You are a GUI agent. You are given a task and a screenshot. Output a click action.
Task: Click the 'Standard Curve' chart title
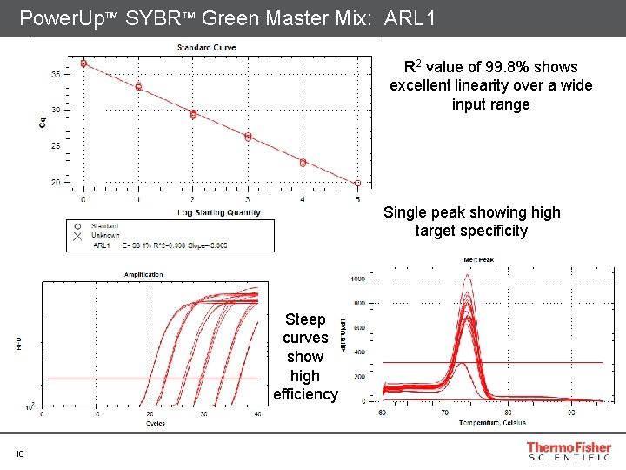(206, 47)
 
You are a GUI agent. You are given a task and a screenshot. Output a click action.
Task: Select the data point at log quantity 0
(83, 64)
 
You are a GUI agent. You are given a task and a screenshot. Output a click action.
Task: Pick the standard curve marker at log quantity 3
(248, 137)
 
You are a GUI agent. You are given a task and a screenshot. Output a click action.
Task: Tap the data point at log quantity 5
(357, 184)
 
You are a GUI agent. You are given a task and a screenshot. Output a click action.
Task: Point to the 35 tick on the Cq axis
(55, 75)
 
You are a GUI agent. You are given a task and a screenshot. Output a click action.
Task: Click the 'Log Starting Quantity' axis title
(220, 212)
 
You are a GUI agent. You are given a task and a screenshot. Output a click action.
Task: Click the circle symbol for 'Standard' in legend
(78, 225)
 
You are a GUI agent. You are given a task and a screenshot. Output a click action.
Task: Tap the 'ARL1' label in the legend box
(102, 245)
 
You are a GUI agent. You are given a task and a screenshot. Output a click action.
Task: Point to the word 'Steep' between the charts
(305, 319)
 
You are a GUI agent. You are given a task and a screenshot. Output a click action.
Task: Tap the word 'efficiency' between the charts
(305, 394)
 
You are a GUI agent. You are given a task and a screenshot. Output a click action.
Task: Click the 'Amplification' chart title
(143, 274)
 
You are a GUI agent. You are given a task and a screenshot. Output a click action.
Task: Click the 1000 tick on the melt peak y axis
(357, 279)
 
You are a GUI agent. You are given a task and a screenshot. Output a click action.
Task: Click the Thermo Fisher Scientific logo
(569, 451)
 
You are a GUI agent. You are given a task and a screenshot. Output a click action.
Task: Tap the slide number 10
(18, 452)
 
